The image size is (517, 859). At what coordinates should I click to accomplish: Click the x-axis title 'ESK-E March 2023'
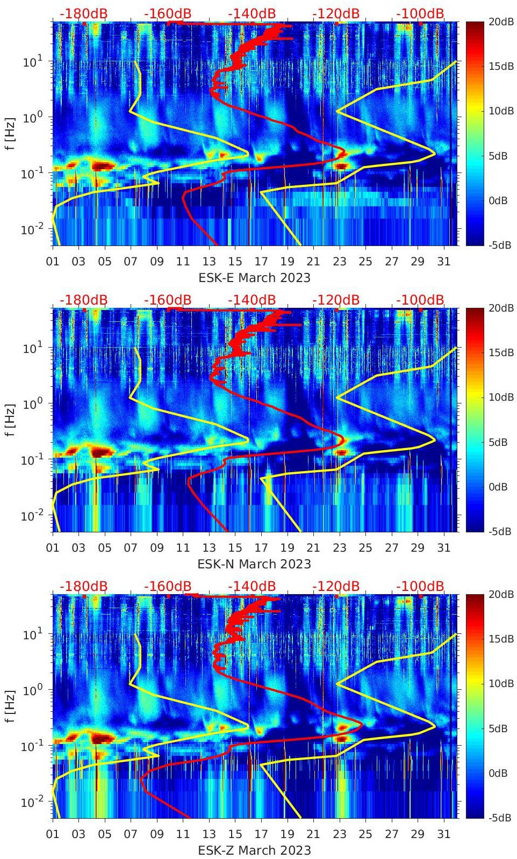(x=254, y=278)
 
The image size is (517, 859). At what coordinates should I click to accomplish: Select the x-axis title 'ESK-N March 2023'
(x=254, y=564)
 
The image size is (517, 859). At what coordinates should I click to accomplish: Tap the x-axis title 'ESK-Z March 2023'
(x=254, y=850)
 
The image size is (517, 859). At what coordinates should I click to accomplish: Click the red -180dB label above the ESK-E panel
(x=83, y=13)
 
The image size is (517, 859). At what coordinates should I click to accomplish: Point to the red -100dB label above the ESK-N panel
(x=420, y=300)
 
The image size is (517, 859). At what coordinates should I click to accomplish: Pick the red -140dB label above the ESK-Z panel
(x=252, y=586)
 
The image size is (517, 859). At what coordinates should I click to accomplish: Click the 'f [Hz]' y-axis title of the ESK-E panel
(x=10, y=133)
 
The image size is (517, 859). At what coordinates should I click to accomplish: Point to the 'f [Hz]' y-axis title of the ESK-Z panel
(x=10, y=705)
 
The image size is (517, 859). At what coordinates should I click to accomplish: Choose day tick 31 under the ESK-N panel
(x=443, y=548)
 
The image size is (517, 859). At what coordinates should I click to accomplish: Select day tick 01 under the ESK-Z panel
(x=53, y=834)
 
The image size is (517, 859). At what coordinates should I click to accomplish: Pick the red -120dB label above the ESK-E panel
(x=335, y=13)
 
